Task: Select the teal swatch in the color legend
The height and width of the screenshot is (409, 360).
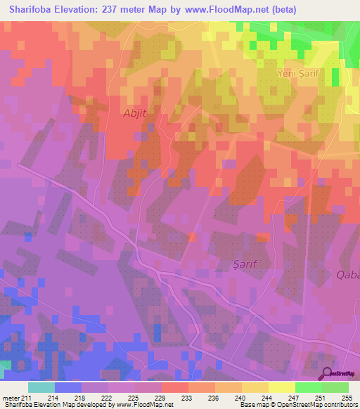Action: coord(41,387)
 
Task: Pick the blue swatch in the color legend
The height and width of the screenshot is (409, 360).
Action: coord(68,387)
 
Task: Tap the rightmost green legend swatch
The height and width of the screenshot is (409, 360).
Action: coord(335,387)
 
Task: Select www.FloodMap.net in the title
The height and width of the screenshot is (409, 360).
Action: coord(223,10)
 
